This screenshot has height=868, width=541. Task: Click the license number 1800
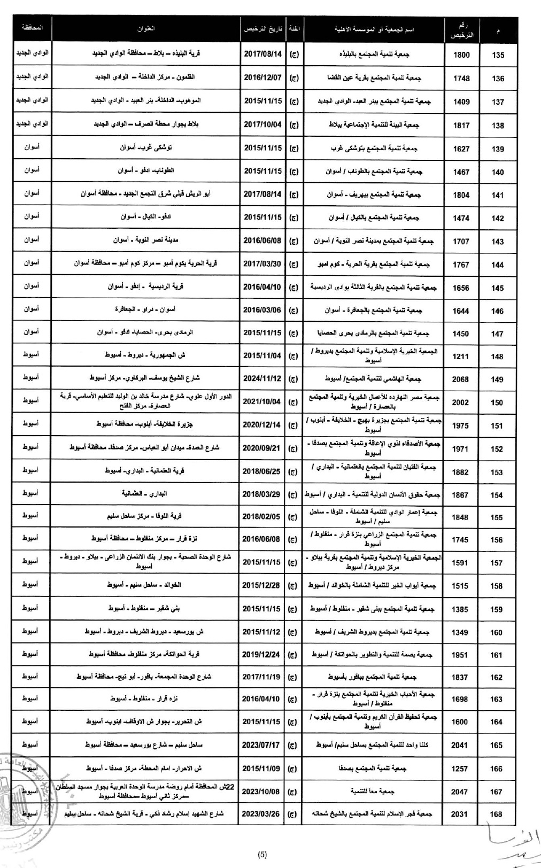461,55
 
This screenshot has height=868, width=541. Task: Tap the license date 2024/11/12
262,379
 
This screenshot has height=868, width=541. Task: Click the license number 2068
460,379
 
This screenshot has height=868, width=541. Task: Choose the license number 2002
460,402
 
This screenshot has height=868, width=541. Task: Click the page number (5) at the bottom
262,854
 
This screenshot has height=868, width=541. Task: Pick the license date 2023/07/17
262,744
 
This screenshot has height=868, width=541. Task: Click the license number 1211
460,356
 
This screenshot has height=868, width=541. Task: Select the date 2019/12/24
262,654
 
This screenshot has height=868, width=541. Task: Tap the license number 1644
460,311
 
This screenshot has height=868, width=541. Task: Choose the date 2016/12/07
262,77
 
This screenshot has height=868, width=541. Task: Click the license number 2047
459,792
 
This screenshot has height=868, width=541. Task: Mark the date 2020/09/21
262,448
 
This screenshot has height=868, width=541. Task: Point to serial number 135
498,55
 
